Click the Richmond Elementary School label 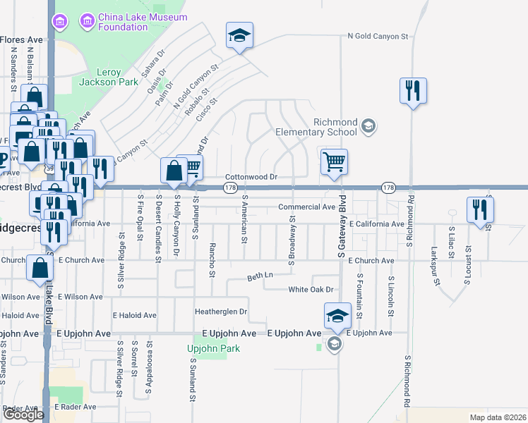316,127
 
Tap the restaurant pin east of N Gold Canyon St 413,91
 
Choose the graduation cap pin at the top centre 239,35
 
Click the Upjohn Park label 214,348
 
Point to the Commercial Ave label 306,207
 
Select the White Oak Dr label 310,290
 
